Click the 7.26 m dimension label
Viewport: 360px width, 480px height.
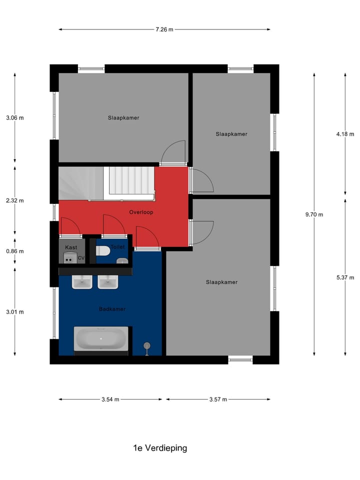tap(164, 29)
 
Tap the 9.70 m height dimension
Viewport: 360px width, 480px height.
tap(314, 214)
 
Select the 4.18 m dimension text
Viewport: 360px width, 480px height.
tap(345, 134)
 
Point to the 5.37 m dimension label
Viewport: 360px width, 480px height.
tap(345, 277)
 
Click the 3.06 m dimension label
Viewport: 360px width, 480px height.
tap(14, 118)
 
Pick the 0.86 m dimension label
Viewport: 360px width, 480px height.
tap(14, 251)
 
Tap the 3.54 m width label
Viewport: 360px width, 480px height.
tap(110, 399)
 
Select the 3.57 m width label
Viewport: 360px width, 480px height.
tap(218, 399)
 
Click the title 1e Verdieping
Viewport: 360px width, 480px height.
tap(160, 448)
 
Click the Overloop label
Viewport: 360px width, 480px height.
tap(141, 212)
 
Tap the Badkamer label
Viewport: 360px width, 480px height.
tap(112, 309)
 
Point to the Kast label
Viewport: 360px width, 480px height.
tap(70, 247)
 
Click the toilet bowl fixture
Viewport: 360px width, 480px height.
tap(103, 250)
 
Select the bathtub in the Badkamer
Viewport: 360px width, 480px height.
tap(101, 339)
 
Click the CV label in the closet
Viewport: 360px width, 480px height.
tap(81, 258)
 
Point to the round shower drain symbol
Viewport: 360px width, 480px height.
tap(146, 345)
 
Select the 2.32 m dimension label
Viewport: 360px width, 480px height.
tap(14, 200)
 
